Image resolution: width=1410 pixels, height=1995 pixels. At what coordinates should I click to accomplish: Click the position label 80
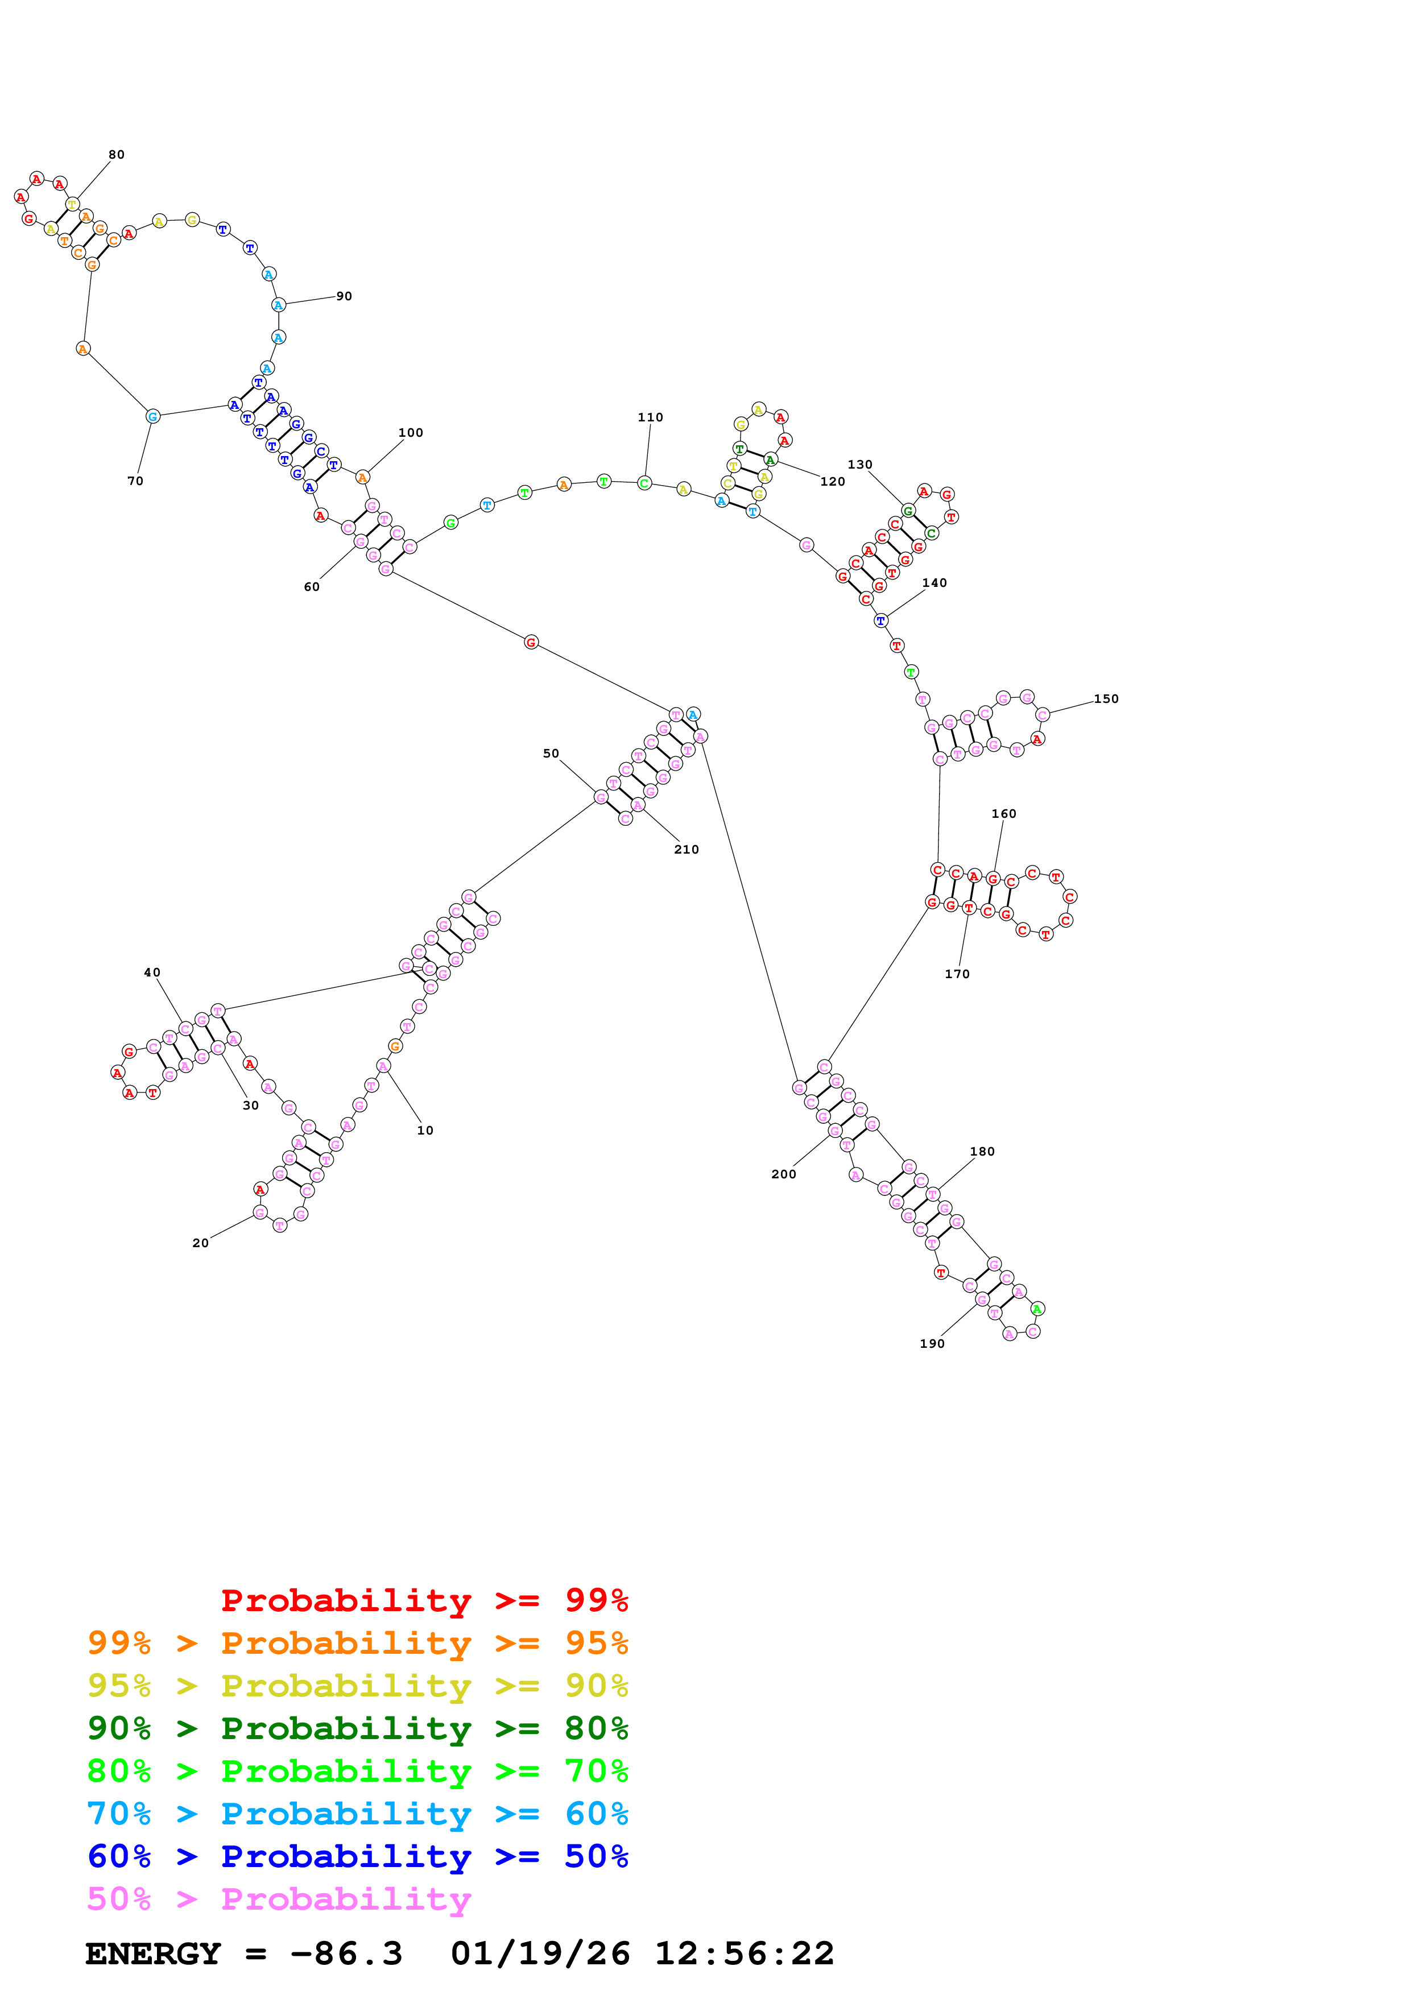pos(117,155)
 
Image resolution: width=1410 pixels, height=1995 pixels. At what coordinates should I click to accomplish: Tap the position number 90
pos(344,296)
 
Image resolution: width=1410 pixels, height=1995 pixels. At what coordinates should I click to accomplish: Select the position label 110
pos(650,417)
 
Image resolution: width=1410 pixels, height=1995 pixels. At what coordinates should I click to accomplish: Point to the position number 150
pos(1105,698)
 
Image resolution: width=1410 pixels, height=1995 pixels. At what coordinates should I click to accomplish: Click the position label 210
pos(687,850)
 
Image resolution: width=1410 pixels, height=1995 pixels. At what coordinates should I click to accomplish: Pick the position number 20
pos(201,1243)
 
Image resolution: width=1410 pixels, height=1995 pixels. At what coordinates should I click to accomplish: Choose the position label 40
pos(152,972)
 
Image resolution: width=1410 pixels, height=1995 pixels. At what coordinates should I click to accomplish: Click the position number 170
pos(957,974)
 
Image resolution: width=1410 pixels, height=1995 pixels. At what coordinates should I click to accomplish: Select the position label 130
pos(859,465)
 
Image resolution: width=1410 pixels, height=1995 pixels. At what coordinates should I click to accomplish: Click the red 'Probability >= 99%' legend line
pos(424,1600)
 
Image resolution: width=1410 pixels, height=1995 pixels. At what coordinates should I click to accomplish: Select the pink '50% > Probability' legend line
pos(278,1899)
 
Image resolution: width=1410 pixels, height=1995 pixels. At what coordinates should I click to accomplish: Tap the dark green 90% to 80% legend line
pos(357,1728)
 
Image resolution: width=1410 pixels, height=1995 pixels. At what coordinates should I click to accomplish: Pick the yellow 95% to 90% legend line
pos(357,1686)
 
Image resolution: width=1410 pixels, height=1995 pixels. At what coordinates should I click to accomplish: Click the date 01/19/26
pos(540,1954)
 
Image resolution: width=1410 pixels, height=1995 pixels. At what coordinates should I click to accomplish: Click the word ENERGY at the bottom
pos(153,1954)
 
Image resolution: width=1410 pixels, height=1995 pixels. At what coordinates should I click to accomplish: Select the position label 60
pos(311,587)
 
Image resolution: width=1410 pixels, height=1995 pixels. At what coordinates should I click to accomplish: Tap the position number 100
pos(410,433)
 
